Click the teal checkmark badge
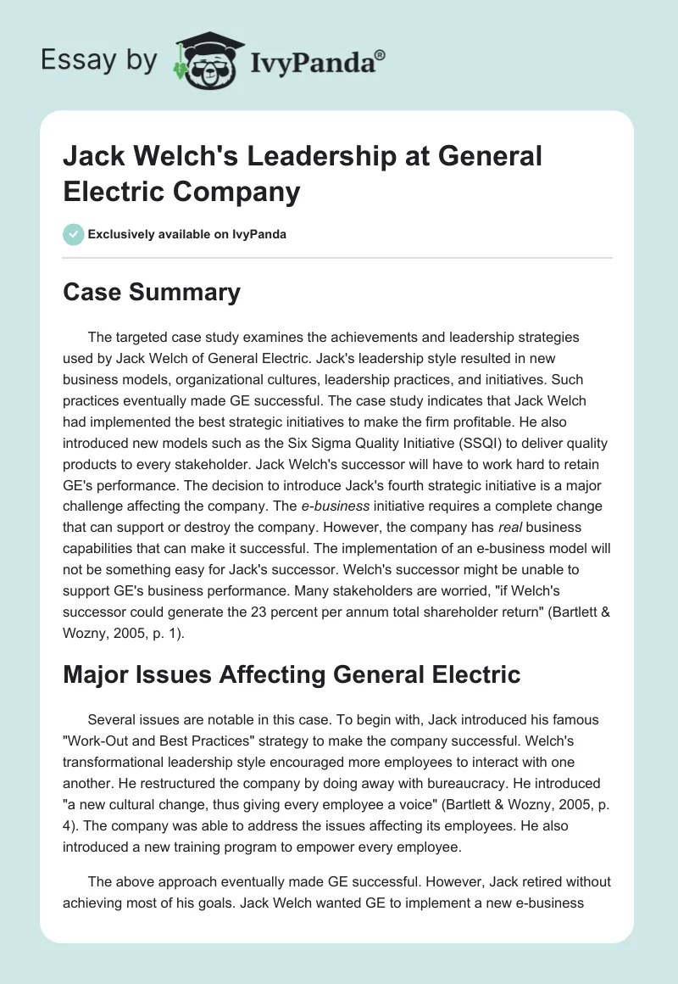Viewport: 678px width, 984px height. coord(73,234)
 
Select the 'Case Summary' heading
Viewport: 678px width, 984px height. coord(152,293)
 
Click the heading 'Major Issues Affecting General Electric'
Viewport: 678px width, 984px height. coord(292,674)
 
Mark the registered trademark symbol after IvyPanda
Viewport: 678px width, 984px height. coord(380,54)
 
